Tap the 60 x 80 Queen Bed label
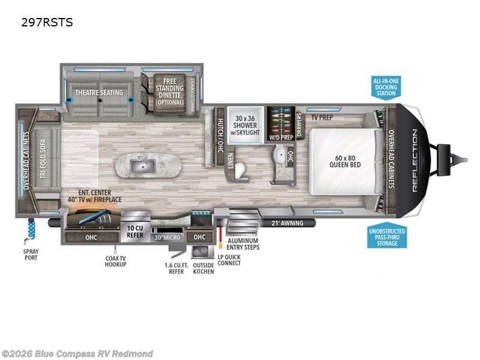click(344, 161)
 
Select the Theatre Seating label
click(99, 92)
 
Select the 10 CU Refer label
click(135, 231)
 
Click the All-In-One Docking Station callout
click(386, 86)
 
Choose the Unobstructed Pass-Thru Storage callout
click(387, 236)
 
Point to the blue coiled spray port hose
click(31, 229)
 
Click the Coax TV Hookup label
click(115, 261)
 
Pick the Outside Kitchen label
click(204, 268)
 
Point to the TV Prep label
click(322, 117)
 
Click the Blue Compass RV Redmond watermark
click(77, 353)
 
